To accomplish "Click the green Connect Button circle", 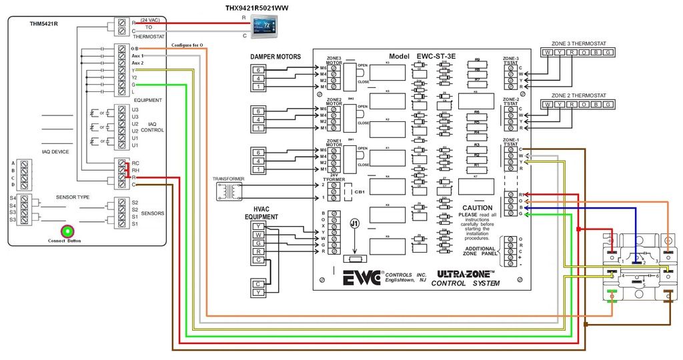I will click(67, 231).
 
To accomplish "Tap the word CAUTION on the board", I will click(477, 208).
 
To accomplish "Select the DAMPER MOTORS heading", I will click(275, 57).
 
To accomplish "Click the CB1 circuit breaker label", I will click(359, 192).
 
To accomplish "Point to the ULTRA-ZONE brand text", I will click(466, 273).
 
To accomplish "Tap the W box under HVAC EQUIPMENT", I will click(257, 235).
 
